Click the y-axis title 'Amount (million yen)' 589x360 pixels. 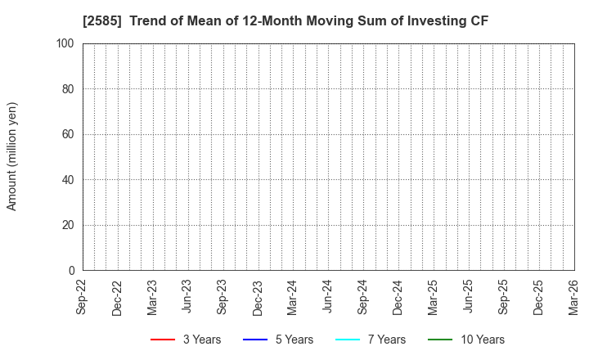click(12, 156)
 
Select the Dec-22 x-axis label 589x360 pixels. click(119, 298)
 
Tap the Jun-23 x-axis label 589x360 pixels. click(188, 298)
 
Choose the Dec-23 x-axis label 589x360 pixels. click(259, 298)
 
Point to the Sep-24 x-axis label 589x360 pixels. click(363, 298)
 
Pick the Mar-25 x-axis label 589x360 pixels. click(434, 298)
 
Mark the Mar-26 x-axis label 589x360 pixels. click(573, 298)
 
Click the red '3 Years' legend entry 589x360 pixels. click(186, 340)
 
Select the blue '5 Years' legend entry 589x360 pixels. click(278, 340)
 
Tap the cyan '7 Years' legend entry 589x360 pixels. click(371, 340)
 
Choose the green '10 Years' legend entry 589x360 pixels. click(466, 340)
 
